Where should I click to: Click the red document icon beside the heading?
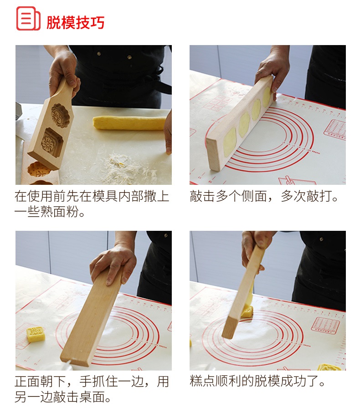(x=28, y=19)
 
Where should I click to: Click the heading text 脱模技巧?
(x=76, y=22)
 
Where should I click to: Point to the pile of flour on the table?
(x=128, y=168)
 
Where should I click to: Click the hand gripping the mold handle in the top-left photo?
(x=63, y=71)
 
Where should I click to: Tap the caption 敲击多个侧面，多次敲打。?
(x=264, y=196)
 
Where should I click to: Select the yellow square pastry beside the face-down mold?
(x=36, y=334)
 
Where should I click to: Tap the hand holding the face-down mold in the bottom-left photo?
(x=113, y=266)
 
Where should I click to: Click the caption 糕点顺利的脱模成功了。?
(x=257, y=381)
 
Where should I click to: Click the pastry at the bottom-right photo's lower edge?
(x=329, y=367)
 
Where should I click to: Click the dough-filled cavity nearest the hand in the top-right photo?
(x=267, y=97)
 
